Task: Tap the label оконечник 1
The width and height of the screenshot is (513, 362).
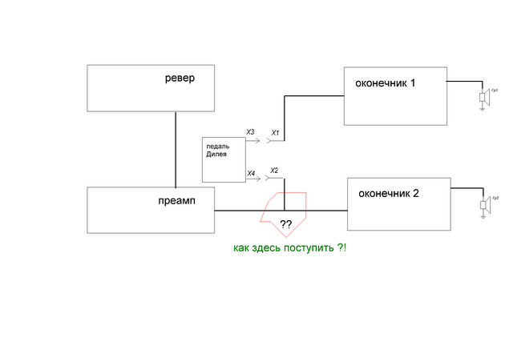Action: (385, 83)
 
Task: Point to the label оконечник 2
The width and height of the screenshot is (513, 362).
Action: (389, 193)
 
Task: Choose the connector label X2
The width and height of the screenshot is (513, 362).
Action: (274, 171)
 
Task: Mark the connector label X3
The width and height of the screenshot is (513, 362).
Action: (250, 131)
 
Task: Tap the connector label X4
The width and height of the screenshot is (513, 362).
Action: (250, 173)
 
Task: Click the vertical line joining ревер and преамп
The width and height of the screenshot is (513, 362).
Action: (176, 149)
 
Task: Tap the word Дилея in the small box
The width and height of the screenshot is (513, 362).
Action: (216, 154)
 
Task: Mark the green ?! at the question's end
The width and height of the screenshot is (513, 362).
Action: (342, 249)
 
